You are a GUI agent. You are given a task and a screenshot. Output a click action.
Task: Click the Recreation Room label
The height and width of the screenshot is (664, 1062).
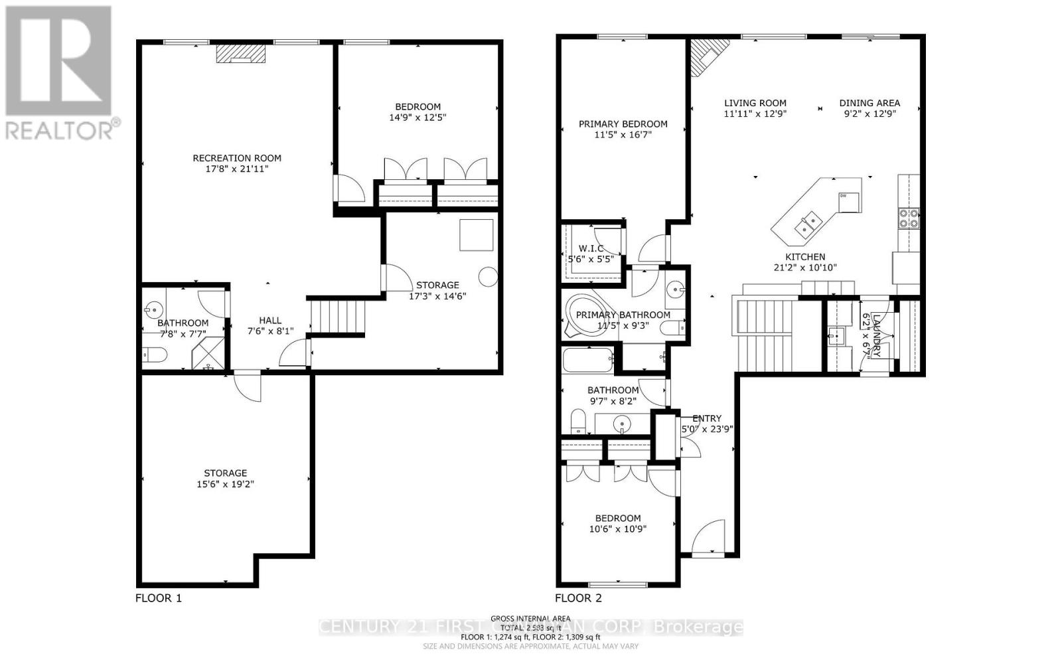click(237, 158)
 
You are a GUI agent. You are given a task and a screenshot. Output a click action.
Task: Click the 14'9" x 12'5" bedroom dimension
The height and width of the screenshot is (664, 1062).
click(417, 118)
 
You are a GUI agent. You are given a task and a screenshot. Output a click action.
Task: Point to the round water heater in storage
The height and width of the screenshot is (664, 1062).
click(489, 277)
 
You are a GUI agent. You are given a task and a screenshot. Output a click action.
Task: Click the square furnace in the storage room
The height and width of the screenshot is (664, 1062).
click(477, 234)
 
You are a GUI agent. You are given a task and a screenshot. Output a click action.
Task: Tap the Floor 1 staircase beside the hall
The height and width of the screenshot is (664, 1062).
click(338, 317)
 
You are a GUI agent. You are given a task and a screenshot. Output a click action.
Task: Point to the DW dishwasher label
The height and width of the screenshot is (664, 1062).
click(843, 196)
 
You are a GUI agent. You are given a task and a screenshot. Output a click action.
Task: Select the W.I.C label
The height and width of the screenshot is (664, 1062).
click(591, 249)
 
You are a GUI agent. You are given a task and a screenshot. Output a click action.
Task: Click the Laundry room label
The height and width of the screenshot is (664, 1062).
click(876, 335)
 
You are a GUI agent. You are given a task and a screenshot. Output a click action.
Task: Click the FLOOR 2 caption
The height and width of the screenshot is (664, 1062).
click(578, 598)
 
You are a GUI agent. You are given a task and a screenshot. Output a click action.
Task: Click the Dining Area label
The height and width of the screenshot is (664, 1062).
click(870, 103)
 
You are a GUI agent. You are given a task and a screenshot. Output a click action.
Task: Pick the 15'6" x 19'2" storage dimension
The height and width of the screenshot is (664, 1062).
click(225, 484)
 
